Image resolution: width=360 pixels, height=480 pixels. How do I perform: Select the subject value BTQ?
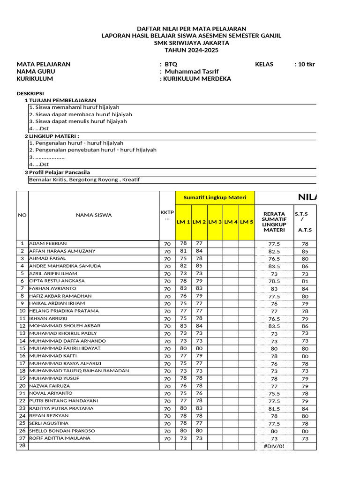pos(171,64)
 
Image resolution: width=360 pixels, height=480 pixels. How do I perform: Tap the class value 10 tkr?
pos(304,64)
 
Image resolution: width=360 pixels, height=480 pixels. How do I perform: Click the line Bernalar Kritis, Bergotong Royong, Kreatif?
pos(84,180)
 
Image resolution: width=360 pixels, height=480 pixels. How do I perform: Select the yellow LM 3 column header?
pos(215,222)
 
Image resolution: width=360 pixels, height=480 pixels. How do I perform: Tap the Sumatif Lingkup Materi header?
pos(215,197)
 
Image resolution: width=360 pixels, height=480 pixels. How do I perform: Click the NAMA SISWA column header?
pos(94,215)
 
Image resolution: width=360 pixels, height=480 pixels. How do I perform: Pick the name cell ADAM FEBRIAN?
pos(48,243)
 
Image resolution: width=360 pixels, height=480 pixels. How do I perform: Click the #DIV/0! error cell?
pos(274,446)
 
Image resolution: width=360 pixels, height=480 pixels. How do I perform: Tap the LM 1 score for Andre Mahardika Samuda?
pos(183,266)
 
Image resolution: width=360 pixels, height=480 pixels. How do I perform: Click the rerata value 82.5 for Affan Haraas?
pos(274,252)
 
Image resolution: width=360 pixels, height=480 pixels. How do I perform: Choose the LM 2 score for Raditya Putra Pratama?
pos(199,408)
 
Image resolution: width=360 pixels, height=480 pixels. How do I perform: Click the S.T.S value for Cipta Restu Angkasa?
pos(305,281)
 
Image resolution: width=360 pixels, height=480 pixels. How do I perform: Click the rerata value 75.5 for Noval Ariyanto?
pos(274,394)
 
